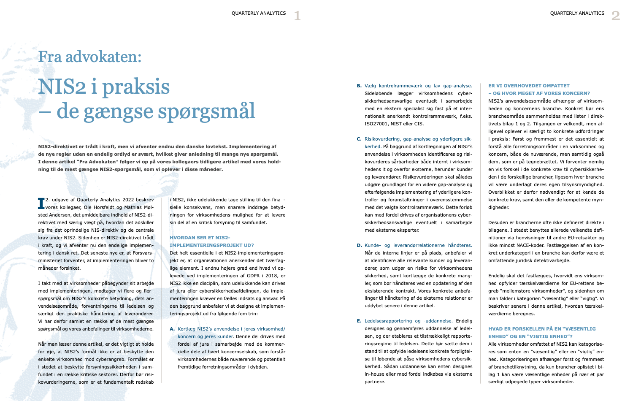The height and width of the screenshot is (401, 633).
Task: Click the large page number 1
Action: (297, 16)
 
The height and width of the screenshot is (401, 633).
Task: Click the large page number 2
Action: (616, 16)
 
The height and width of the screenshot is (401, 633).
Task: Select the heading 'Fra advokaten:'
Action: (89, 57)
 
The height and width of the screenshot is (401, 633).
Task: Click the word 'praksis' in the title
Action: (136, 87)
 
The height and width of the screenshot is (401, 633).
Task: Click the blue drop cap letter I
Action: (41, 203)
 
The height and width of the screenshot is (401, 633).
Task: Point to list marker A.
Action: (172, 329)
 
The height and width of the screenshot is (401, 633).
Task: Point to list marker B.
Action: (359, 86)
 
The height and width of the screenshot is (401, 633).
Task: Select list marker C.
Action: (359, 139)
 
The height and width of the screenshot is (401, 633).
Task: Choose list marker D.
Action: (359, 245)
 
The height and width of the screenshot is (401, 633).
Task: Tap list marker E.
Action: (359, 321)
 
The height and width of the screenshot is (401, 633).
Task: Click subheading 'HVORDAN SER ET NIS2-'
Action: (200, 238)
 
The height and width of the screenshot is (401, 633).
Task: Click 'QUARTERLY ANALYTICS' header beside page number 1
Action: (259, 14)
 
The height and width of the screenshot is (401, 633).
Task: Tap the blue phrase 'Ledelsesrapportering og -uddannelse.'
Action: (408, 321)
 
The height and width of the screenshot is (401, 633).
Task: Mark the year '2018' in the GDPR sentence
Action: (268, 276)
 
